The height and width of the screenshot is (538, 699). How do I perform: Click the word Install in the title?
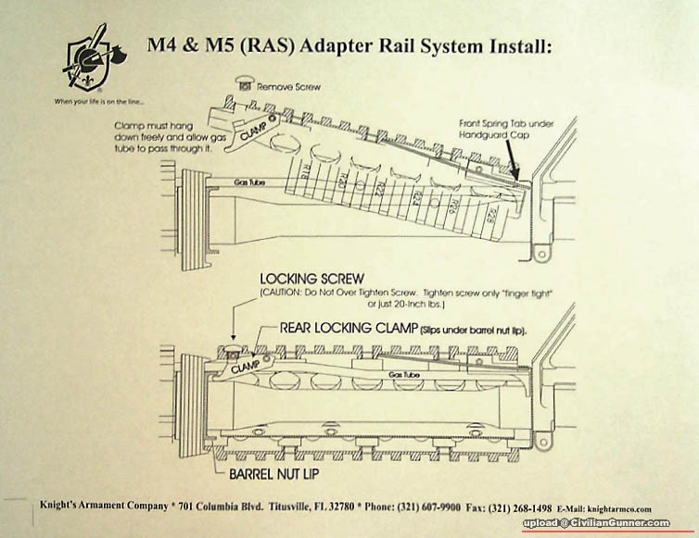click(x=511, y=44)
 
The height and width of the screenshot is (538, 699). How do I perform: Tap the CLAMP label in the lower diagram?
click(x=246, y=366)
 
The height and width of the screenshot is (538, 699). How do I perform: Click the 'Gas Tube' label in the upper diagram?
click(x=249, y=182)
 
